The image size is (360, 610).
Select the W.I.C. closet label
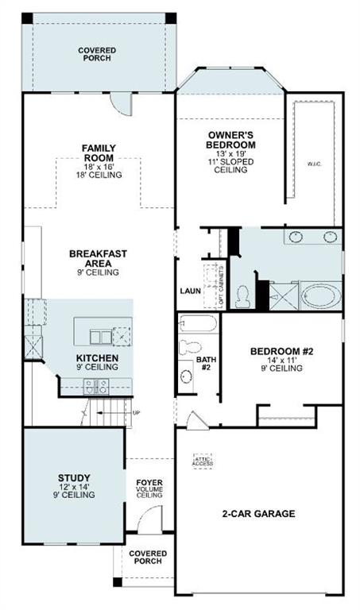point(314,164)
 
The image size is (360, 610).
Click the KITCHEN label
point(98,358)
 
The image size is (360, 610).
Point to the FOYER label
point(149,483)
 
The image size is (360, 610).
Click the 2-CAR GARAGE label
point(258,514)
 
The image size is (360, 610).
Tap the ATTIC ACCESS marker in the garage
point(203,461)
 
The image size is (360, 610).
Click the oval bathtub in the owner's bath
point(319,295)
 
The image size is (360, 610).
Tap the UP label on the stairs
point(136,412)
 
